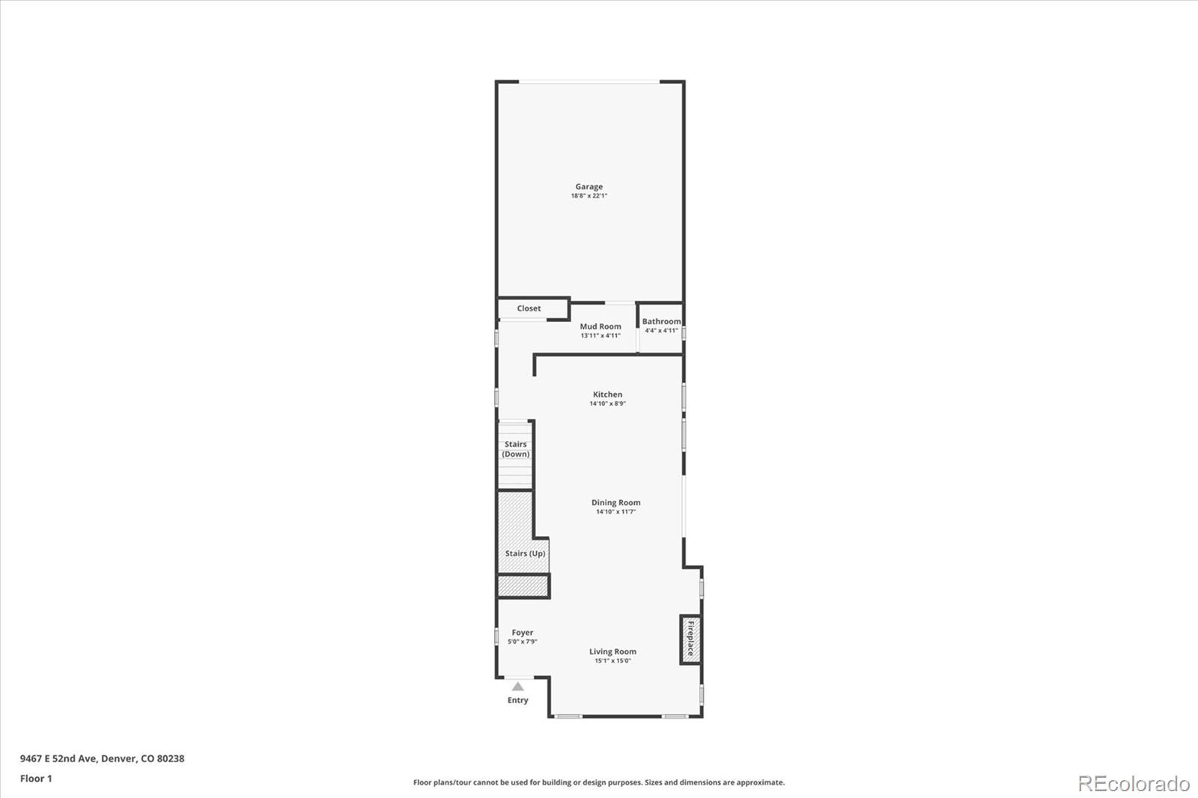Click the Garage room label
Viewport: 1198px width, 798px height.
[589, 186]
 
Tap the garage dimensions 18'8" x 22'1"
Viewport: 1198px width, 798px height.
[589, 196]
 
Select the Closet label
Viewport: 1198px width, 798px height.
[529, 308]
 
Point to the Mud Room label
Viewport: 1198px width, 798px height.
[600, 326]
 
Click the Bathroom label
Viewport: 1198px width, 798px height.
[661, 321]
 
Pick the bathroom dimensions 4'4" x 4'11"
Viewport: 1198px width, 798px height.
[661, 330]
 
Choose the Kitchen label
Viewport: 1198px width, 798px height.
[607, 395]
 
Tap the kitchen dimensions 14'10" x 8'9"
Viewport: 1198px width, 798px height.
[607, 403]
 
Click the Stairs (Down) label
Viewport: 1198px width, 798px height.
[516, 449]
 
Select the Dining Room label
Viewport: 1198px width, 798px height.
[615, 503]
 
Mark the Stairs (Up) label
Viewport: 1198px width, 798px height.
[525, 553]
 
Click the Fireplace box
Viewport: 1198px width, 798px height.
[690, 639]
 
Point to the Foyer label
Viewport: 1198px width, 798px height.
[523, 633]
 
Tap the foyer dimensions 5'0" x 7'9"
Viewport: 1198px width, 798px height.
[523, 642]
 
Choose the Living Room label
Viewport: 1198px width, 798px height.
[612, 651]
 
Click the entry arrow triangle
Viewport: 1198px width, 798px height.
[517, 686]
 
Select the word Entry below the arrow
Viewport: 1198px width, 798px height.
[517, 701]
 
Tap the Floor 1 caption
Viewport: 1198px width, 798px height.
[36, 779]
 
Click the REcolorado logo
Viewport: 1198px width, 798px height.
[1133, 784]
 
